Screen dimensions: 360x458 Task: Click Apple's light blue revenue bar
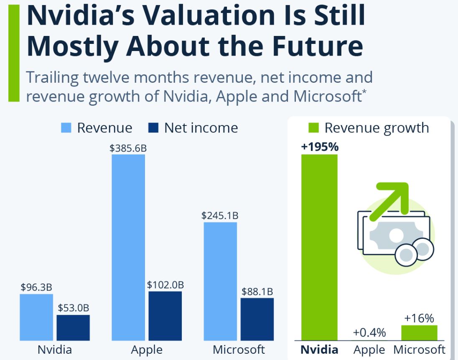click(128, 247)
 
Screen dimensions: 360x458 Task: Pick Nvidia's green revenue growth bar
click(319, 247)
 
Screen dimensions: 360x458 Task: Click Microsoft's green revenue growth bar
click(419, 333)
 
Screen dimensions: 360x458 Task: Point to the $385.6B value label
click(128, 148)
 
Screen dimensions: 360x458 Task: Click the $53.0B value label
click(73, 308)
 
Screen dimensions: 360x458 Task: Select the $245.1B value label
click(220, 216)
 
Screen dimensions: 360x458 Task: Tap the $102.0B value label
click(165, 285)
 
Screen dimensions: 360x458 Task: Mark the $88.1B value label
click(257, 291)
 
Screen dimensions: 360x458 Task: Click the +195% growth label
click(319, 147)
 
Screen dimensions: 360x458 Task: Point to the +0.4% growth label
click(369, 333)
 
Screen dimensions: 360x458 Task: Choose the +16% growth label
click(419, 318)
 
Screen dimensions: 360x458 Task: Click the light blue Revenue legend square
click(66, 128)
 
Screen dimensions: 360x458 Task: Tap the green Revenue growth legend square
click(314, 128)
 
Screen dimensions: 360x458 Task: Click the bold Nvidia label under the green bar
click(319, 349)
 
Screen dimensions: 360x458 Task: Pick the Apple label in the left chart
click(147, 350)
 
